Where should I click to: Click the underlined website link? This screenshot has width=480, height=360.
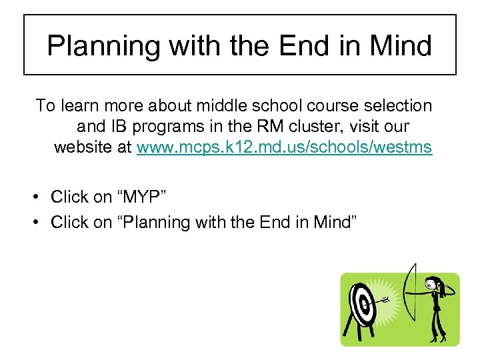(x=285, y=147)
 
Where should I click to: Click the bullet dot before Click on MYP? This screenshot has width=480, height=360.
(x=41, y=197)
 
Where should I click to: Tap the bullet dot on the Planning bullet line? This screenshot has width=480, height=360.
(x=41, y=222)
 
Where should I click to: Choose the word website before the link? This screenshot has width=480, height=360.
(x=83, y=147)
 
